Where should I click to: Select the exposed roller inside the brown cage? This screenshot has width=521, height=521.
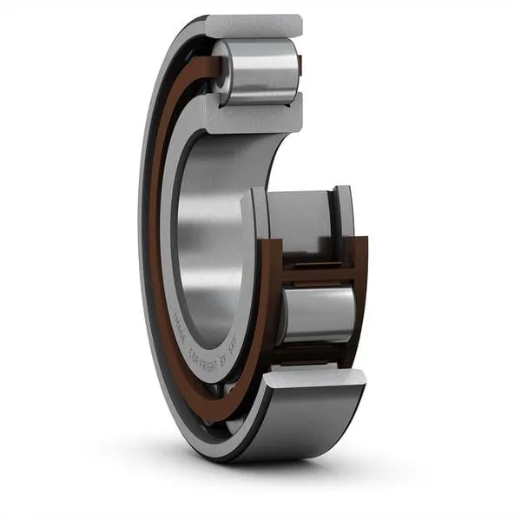point(318,313)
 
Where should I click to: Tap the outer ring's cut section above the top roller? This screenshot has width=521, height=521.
point(254,26)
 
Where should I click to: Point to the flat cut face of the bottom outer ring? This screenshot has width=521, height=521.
point(314,378)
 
